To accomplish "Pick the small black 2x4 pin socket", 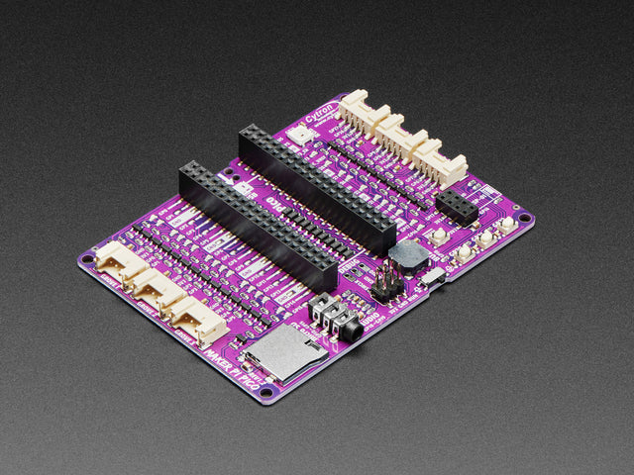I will [457, 206].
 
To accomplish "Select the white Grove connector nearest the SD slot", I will [195, 320].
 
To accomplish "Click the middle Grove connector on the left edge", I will [155, 290].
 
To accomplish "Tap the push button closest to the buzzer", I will [437, 237].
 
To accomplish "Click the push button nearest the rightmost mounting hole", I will [506, 225].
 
